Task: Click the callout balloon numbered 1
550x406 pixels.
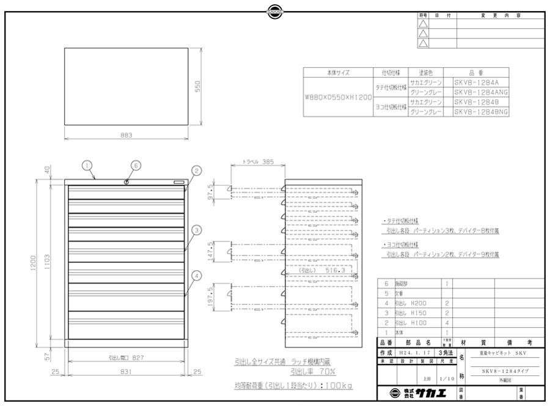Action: click(x=87, y=164)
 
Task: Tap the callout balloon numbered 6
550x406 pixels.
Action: click(x=136, y=164)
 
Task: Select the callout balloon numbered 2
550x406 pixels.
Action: click(x=196, y=171)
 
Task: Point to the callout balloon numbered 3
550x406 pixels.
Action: click(x=196, y=230)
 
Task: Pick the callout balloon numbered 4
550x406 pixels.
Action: click(x=196, y=275)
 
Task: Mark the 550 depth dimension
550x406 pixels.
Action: click(x=197, y=87)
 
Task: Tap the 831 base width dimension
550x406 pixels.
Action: click(x=126, y=371)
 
